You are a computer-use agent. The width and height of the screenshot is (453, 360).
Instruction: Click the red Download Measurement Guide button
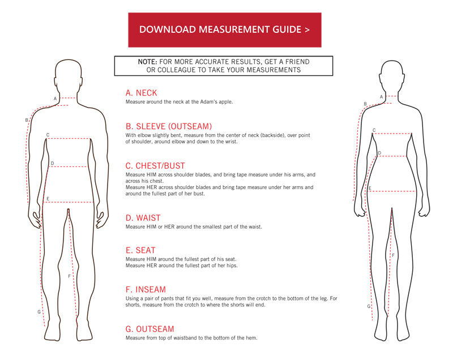pos(225,29)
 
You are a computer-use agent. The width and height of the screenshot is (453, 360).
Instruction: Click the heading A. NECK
pos(141,93)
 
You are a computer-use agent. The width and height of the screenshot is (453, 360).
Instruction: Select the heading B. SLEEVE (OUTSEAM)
pos(168,126)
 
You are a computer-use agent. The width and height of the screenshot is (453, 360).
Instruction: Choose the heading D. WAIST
pos(143,217)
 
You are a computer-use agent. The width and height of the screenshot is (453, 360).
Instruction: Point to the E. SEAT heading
pos(140,250)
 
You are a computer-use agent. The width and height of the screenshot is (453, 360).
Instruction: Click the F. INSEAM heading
pos(146,289)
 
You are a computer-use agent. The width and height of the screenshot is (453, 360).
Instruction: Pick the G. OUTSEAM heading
pos(149,329)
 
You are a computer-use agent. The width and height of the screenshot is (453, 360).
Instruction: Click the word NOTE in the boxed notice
pos(148,61)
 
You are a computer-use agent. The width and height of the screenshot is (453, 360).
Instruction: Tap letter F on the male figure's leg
pos(69,276)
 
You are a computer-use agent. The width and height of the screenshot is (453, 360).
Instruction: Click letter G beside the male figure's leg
pos(39,312)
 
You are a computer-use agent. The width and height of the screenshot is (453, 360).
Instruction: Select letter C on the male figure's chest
pos(48,135)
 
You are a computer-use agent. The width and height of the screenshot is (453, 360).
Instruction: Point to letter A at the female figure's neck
pos(381,97)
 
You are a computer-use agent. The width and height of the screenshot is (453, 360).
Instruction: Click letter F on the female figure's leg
pos(393,255)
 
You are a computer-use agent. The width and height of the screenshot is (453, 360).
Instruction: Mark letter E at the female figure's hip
pos(369,188)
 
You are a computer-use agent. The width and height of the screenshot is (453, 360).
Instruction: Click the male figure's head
pos(68,74)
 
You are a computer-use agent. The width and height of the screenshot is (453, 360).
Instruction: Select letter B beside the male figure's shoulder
pos(26,120)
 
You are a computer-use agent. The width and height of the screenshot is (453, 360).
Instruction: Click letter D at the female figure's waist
pos(379,153)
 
